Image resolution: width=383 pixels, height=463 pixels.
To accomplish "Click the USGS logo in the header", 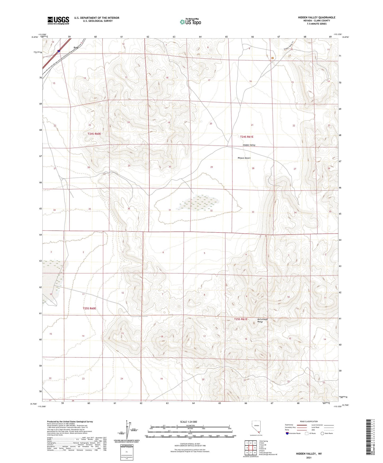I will (58, 20).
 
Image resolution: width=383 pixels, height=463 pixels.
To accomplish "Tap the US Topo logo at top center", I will (190, 22).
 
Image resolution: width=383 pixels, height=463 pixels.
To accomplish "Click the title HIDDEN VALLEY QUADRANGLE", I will (316, 18).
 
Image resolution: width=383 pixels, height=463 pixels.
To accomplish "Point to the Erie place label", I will (76, 48).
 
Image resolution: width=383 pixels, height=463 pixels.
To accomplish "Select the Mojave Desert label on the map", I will (244, 158).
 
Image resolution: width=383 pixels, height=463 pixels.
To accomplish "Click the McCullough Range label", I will (262, 320).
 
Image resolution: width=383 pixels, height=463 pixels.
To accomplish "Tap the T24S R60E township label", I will (94, 134).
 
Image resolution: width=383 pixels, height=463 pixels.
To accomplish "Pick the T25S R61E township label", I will (241, 319).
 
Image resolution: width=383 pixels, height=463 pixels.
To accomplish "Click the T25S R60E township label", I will (89, 308).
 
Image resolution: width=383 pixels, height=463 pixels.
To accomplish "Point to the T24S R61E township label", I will (246, 137).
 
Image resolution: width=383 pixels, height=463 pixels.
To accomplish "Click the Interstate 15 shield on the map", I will (59, 51).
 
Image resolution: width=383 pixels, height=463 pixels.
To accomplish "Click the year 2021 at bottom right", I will (309, 457).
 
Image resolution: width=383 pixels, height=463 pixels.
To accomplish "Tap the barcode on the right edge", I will (368, 440).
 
